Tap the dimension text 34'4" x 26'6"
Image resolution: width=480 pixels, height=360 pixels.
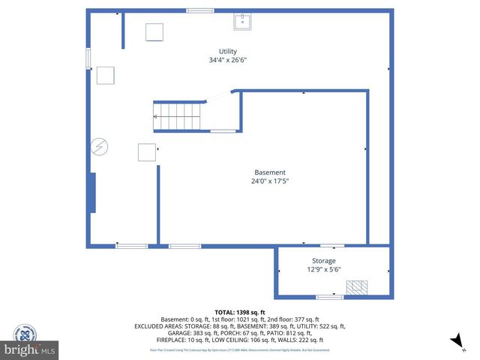[228, 60]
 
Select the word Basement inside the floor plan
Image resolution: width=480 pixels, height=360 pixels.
[269, 172]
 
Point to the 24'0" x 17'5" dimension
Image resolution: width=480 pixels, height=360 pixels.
[269, 181]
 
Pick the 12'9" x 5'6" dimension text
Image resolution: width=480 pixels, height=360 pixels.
[324, 269]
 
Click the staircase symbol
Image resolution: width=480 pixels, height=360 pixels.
[178, 117]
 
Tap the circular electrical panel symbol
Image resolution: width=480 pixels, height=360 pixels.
[98, 147]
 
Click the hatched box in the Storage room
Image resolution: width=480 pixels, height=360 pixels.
[355, 287]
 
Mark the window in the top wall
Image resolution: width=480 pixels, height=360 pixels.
[199, 10]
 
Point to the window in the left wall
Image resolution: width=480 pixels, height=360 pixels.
[88, 57]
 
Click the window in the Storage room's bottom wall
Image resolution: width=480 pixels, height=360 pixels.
[329, 297]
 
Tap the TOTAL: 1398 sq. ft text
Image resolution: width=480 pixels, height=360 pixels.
[240, 312]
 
